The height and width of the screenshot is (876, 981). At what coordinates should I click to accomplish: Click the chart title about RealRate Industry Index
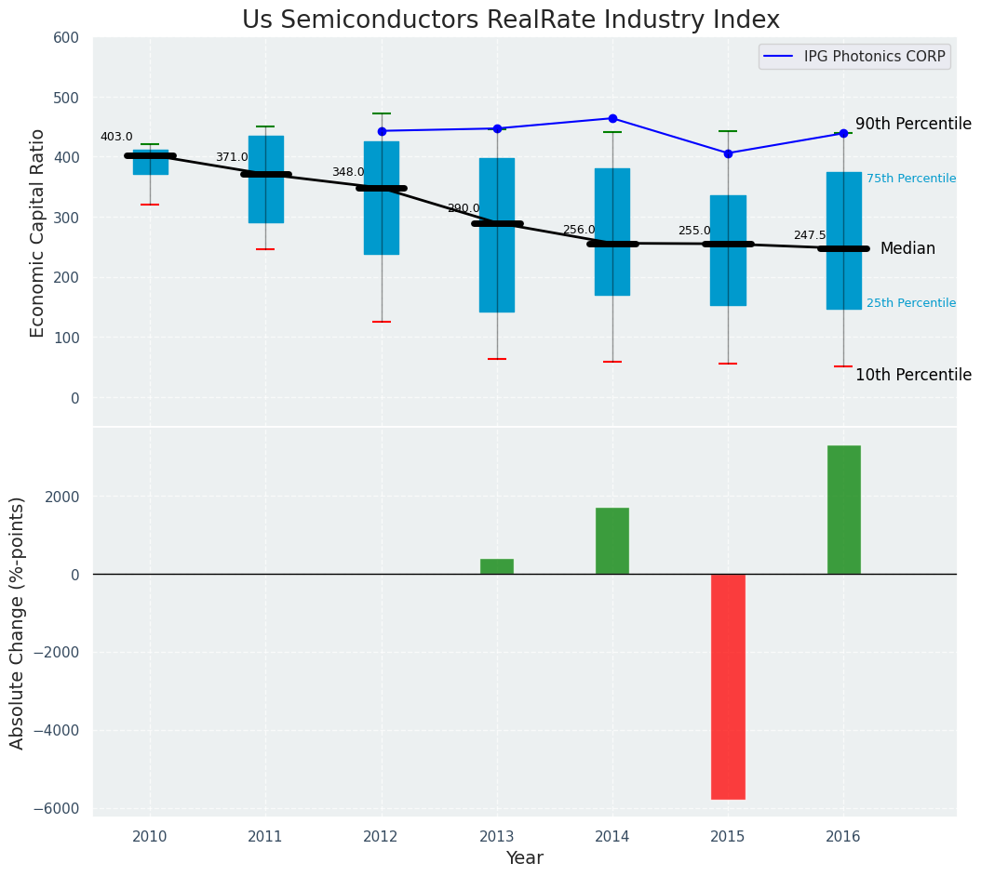[510, 20]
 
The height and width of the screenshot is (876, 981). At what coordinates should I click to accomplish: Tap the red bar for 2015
[728, 686]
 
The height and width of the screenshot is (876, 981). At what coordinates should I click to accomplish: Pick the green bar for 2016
[843, 510]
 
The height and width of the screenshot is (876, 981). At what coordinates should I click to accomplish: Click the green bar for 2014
[612, 540]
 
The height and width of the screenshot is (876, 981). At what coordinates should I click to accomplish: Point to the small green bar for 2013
[497, 566]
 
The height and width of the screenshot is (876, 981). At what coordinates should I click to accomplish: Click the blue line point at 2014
[612, 118]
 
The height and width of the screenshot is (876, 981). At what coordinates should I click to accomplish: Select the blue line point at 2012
[382, 131]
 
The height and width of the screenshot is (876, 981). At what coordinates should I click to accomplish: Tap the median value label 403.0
[116, 137]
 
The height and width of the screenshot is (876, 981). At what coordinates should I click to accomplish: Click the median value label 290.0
[464, 208]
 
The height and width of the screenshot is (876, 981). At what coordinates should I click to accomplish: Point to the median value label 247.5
[810, 236]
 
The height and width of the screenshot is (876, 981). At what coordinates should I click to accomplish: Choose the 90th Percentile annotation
[913, 124]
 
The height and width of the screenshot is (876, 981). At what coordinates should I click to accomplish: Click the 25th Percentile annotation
[910, 303]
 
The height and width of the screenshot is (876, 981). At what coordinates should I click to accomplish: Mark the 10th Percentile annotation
[913, 375]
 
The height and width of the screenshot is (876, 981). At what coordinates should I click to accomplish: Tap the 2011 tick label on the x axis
[265, 837]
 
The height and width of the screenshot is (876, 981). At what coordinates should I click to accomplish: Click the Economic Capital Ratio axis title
[38, 232]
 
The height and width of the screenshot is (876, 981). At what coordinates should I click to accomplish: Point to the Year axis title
[524, 858]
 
